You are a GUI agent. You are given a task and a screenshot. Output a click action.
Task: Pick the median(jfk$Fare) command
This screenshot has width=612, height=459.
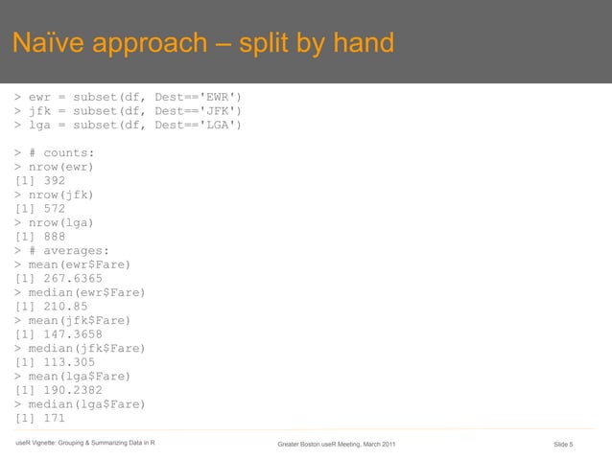(x=86, y=349)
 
